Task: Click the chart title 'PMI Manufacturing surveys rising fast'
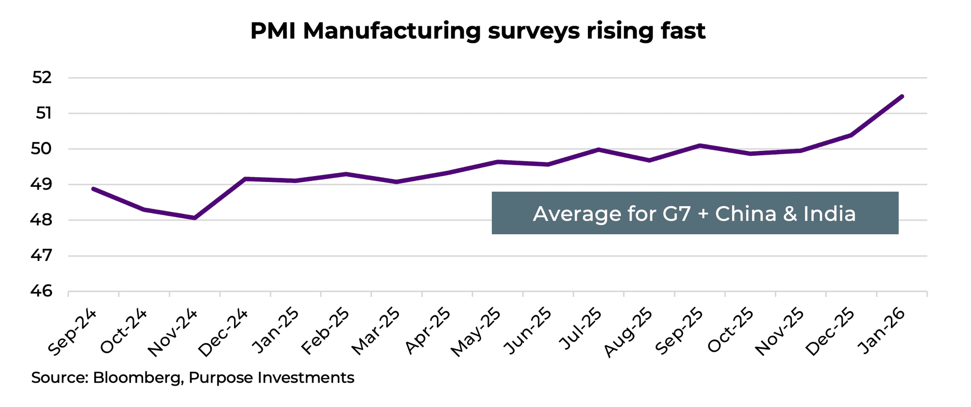pyautogui.click(x=478, y=31)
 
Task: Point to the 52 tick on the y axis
pyautogui.click(x=42, y=78)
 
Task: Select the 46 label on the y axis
pyautogui.click(x=42, y=291)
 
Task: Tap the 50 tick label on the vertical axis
pyautogui.click(x=42, y=149)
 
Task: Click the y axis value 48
pyautogui.click(x=42, y=220)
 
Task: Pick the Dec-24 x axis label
pyautogui.click(x=224, y=332)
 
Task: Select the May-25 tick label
pyautogui.click(x=476, y=332)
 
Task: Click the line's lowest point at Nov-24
pyautogui.click(x=195, y=218)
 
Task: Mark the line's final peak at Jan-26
pyautogui.click(x=902, y=96)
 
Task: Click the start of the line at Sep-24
pyautogui.click(x=93, y=188)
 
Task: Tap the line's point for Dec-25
pyautogui.click(x=851, y=135)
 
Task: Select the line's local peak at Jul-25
pyautogui.click(x=599, y=149)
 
